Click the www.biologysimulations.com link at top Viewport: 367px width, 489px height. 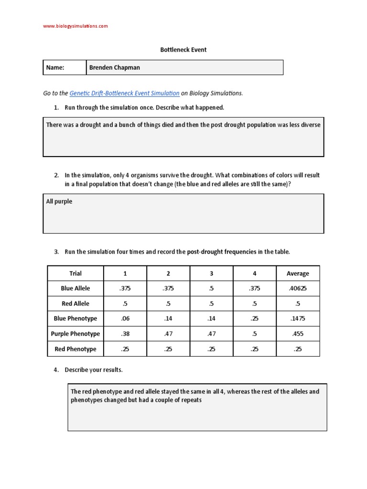click(76, 26)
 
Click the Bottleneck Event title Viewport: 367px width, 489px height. click(183, 50)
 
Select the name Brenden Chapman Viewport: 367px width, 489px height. click(115, 68)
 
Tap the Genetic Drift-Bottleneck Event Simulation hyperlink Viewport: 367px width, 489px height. click(124, 93)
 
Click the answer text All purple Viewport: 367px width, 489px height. click(59, 202)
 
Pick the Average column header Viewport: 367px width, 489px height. click(298, 274)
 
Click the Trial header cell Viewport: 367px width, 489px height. click(76, 274)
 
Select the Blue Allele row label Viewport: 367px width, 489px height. click(76, 288)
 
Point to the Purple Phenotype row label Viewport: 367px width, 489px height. click(76, 334)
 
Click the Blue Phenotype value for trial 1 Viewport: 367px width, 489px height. click(125, 319)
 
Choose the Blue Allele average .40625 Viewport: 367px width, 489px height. click(298, 288)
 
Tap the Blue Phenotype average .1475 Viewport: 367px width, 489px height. click(298, 319)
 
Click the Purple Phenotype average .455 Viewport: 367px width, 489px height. click(298, 334)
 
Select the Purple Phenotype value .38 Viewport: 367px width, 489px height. click(125, 334)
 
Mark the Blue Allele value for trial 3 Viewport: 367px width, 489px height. click(211, 288)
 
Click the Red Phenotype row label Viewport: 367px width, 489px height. click(76, 349)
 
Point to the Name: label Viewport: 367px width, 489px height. click(55, 68)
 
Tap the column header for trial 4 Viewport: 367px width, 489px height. click(254, 274)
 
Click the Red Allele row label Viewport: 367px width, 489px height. click(76, 304)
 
